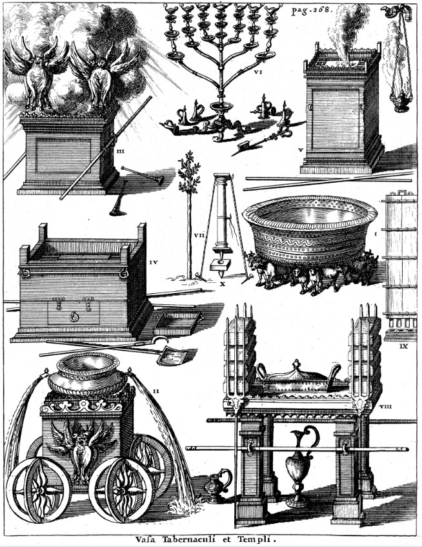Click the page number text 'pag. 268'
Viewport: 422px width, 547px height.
click(312, 10)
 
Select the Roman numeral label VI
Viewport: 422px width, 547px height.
click(257, 72)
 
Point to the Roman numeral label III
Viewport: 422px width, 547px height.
click(120, 151)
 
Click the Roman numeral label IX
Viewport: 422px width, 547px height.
click(403, 346)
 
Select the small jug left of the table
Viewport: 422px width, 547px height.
click(217, 486)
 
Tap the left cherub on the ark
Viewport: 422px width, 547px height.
click(37, 73)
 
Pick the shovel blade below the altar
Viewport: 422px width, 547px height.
click(172, 357)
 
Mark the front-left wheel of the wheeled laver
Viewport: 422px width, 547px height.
click(39, 490)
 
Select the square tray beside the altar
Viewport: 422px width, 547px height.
click(177, 324)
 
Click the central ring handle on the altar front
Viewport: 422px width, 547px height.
click(74, 316)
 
